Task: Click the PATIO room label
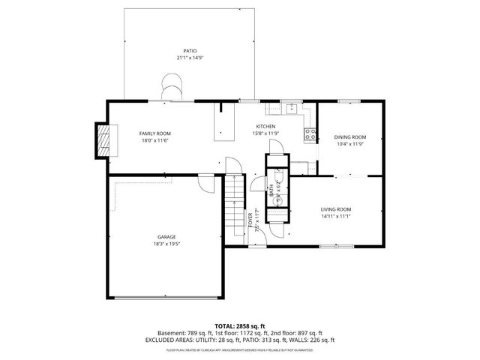[x=179, y=50]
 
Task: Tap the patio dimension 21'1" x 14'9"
[x=179, y=58]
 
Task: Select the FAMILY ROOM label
[x=154, y=133]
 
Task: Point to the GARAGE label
[x=166, y=237]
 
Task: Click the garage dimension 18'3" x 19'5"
[x=166, y=244]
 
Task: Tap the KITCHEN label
[x=265, y=126]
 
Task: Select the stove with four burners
[x=308, y=134]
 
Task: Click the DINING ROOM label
[x=349, y=136]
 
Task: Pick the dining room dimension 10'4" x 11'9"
[x=349, y=144]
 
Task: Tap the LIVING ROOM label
[x=337, y=209]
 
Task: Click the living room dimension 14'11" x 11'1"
[x=337, y=217]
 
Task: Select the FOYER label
[x=250, y=220]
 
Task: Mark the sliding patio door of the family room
[x=171, y=100]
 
